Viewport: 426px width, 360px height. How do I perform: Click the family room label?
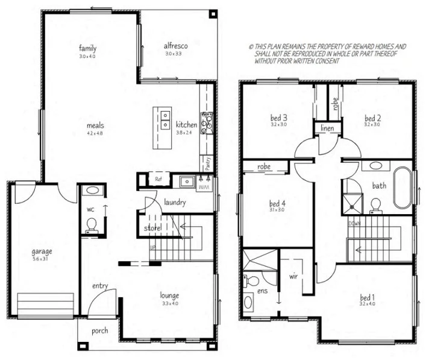(87, 48)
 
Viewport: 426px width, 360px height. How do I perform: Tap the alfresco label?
(177, 45)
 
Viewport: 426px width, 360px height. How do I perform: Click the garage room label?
(42, 251)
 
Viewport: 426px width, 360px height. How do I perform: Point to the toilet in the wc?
(92, 225)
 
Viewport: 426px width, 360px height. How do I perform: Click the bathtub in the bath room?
(403, 186)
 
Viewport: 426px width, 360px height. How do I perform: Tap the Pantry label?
(207, 164)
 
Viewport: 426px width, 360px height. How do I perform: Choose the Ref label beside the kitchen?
(158, 179)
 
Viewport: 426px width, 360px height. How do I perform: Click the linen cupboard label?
(327, 129)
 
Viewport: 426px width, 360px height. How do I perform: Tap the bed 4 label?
(277, 203)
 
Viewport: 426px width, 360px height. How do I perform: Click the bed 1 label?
(368, 297)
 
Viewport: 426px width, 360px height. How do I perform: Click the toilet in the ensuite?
(251, 280)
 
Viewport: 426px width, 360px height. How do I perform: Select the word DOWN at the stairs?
(354, 224)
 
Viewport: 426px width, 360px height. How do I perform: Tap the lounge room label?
(169, 295)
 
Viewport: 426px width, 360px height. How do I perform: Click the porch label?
(100, 331)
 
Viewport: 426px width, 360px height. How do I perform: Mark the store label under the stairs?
(151, 228)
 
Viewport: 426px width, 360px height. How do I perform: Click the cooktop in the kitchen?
(207, 122)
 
